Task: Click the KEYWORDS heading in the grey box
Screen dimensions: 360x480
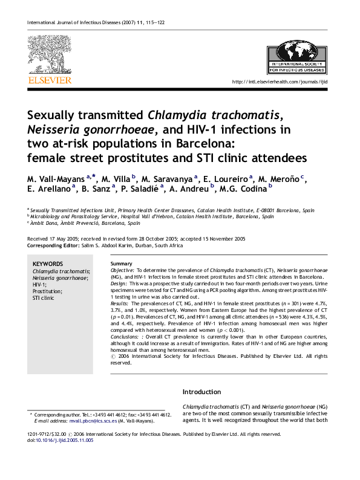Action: pyautogui.click(x=47, y=264)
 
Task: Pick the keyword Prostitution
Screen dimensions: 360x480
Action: pyautogui.click(x=48, y=291)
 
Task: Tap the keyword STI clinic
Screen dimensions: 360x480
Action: pyautogui.click(x=43, y=298)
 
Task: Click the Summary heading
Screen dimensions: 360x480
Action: pyautogui.click(x=122, y=264)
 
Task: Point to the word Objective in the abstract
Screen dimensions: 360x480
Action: pyautogui.click(x=123, y=270)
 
